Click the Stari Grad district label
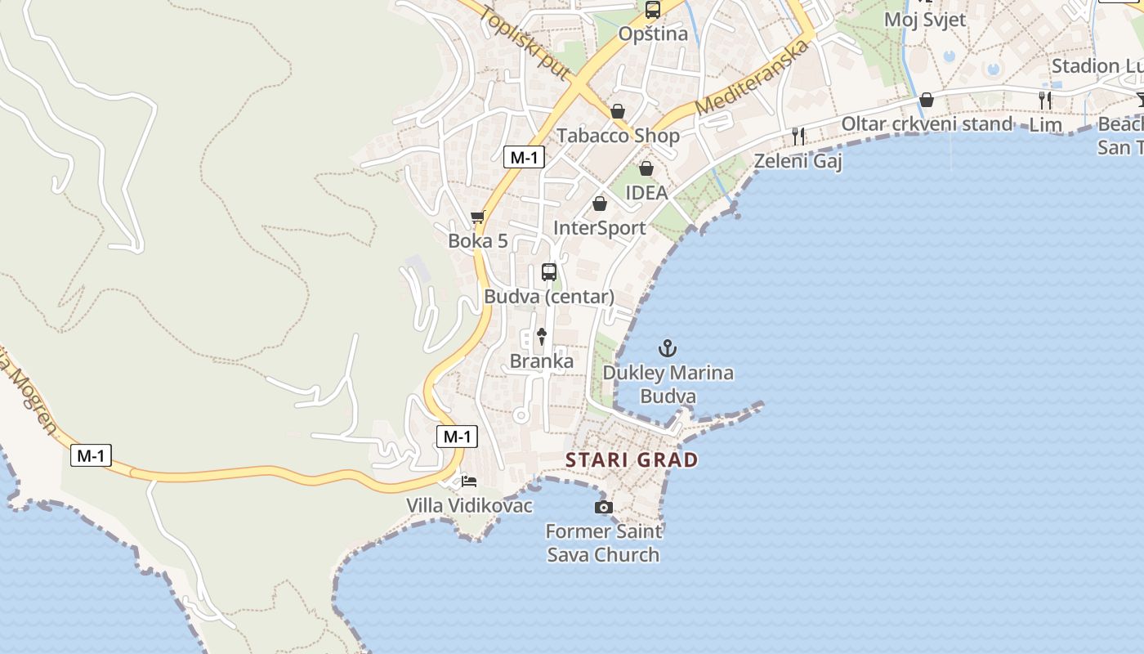point(632,459)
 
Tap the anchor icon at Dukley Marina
point(668,348)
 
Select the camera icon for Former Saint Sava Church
point(604,507)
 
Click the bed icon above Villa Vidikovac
point(469,481)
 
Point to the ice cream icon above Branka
point(541,336)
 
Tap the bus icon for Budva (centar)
point(549,272)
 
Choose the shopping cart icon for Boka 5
point(478,217)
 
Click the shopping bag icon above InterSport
point(600,204)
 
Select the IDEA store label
point(646,193)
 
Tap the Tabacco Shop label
point(618,136)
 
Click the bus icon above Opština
point(652,10)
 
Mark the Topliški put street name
point(525,43)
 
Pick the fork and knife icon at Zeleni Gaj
point(798,137)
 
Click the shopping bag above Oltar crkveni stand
point(927,100)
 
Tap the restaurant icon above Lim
point(1045,101)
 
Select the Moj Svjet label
point(925,20)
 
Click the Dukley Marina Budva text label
point(668,385)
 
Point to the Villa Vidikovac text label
point(470,506)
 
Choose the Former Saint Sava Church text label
point(603,543)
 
